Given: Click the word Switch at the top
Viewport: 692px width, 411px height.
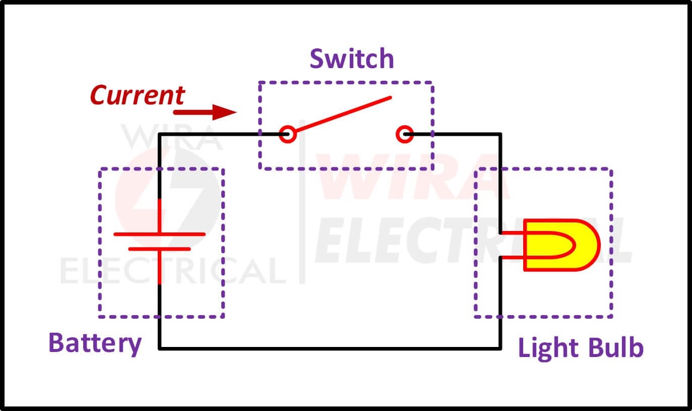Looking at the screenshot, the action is tap(352, 58).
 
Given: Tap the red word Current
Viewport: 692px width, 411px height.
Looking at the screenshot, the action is tap(138, 95).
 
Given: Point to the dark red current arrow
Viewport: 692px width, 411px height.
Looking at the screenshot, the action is tap(205, 112).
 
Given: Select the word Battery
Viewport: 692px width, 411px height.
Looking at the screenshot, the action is tap(95, 344).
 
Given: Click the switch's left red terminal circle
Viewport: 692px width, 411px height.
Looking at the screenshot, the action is tap(288, 134).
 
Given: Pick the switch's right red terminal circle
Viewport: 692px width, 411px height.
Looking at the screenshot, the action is tap(404, 134).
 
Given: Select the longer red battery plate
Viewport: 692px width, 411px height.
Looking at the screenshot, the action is tap(159, 234).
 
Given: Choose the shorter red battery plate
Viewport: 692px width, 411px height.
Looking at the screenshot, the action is tap(159, 249).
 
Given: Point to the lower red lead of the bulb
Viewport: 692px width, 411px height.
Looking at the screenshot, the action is tap(512, 257).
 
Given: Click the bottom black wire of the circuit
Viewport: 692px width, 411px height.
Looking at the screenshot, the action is tap(330, 348).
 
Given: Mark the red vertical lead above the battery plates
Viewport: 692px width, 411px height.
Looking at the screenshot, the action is tap(159, 216).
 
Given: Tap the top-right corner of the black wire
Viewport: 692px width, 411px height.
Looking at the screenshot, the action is tap(500, 134).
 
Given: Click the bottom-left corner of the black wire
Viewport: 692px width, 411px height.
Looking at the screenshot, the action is tap(159, 348).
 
